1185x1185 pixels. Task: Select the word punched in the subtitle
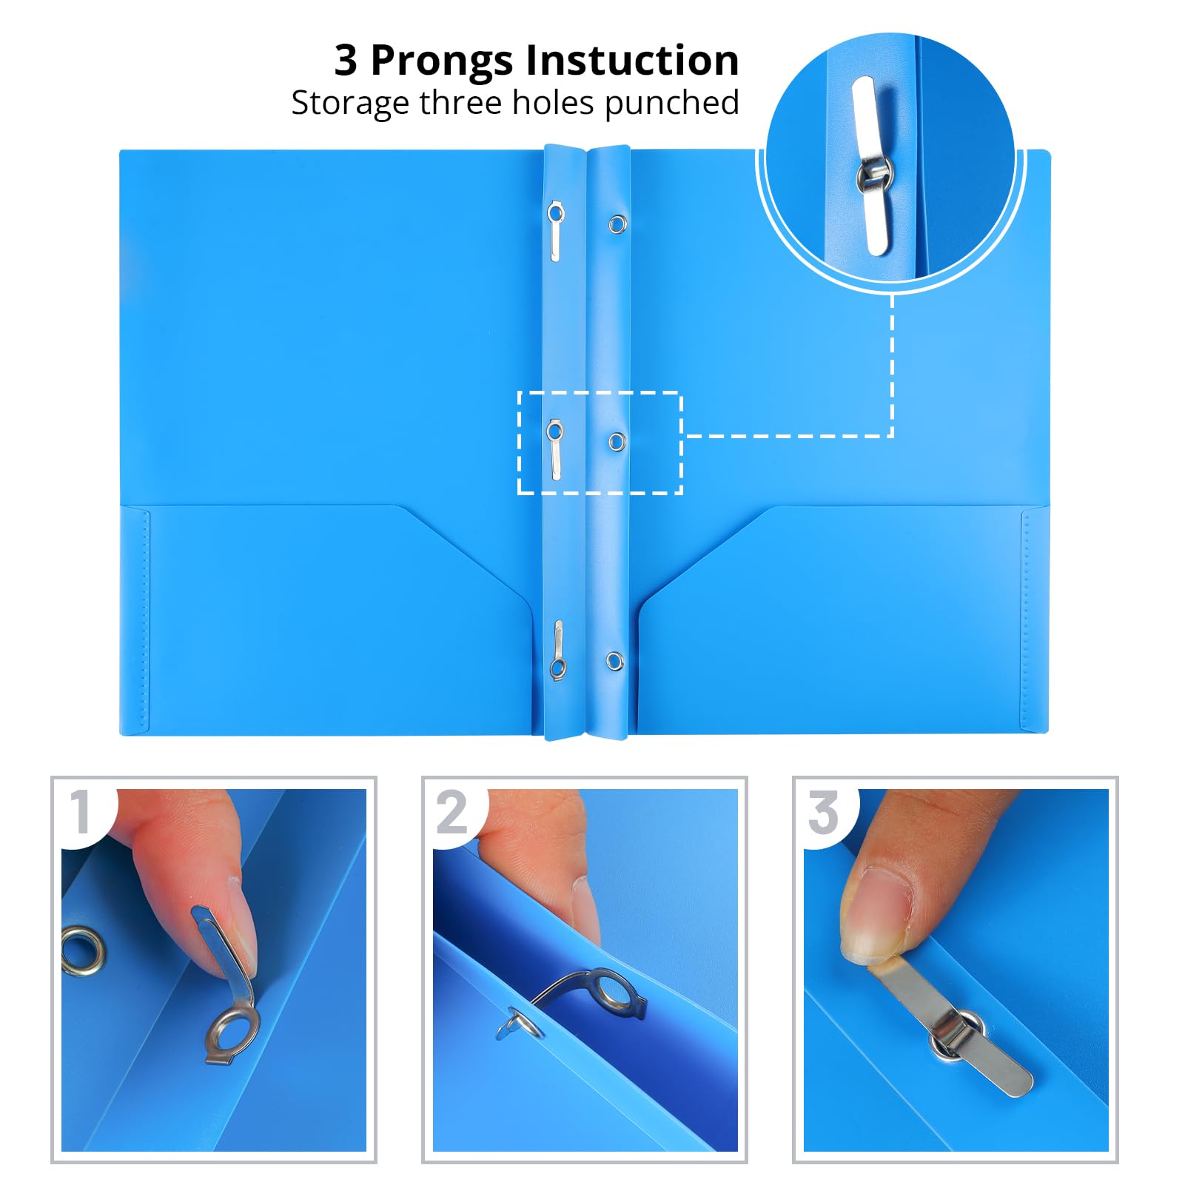pyautogui.click(x=671, y=104)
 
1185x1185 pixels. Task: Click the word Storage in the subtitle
pyautogui.click(x=351, y=104)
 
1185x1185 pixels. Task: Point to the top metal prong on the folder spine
pyautogui.click(x=556, y=232)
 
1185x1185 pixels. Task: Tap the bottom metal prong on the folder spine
pyautogui.click(x=557, y=650)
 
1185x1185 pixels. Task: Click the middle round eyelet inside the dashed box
pyautogui.click(x=617, y=442)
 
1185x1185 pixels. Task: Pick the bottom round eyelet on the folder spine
pyautogui.click(x=614, y=661)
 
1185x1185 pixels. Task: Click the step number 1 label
pyautogui.click(x=81, y=812)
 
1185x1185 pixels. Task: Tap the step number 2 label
pyautogui.click(x=451, y=812)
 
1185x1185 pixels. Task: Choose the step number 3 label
pyautogui.click(x=823, y=813)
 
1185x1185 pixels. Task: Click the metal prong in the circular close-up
pyautogui.click(x=874, y=166)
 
